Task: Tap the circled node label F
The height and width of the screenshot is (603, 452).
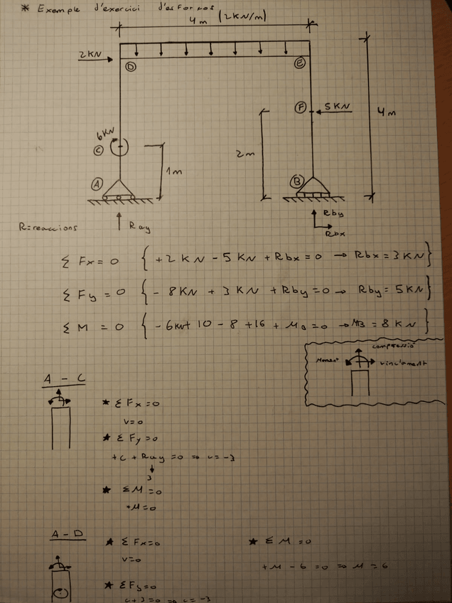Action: [301, 108]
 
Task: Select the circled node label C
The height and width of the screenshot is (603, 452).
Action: [99, 150]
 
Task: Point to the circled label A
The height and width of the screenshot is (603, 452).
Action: [97, 183]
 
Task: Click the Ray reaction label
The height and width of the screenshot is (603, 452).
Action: [139, 227]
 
